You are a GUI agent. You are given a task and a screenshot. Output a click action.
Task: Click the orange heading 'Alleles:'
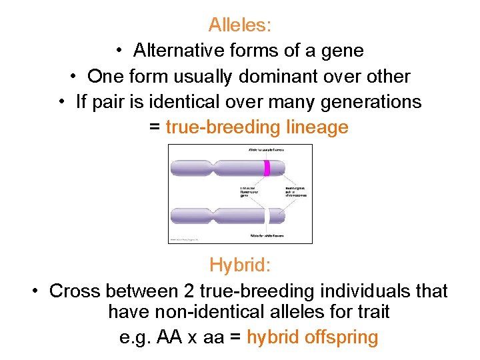[x=240, y=25]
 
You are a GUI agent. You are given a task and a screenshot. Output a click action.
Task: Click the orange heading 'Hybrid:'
[x=240, y=265]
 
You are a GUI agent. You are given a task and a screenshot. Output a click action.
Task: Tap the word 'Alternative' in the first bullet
[x=178, y=51]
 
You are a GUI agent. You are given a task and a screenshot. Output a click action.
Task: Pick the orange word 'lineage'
[x=317, y=127]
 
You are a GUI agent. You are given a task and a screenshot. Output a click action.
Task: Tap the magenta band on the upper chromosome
[x=266, y=168]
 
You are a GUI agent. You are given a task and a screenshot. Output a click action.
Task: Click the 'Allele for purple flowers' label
[x=266, y=150]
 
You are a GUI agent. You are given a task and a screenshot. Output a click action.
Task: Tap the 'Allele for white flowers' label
[x=266, y=235]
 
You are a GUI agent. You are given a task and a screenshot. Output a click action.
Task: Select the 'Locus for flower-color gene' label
[x=249, y=194]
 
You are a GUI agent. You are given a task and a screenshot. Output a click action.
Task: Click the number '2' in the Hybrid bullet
[x=185, y=291]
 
